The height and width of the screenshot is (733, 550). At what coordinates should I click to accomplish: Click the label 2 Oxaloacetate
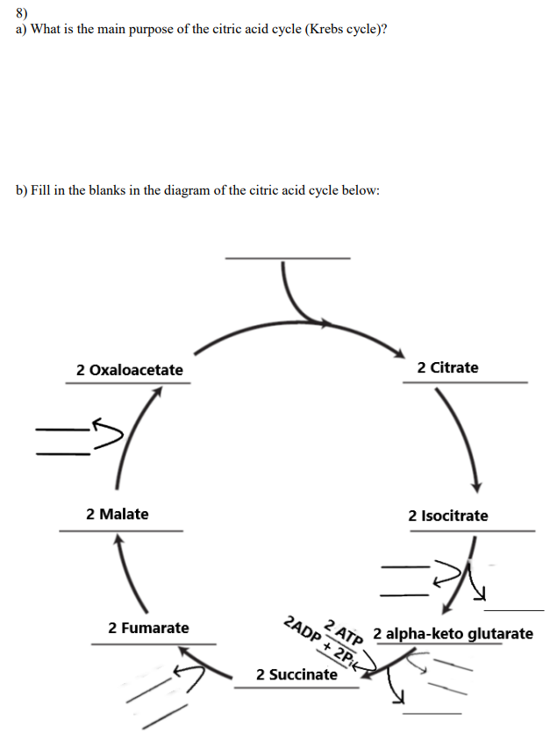pyautogui.click(x=130, y=370)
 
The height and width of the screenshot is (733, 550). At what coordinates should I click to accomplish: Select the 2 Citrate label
pyautogui.click(x=447, y=367)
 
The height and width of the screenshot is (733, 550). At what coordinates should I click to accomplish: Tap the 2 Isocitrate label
pyautogui.click(x=447, y=516)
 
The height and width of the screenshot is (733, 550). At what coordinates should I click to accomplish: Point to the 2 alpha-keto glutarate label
pyautogui.click(x=453, y=633)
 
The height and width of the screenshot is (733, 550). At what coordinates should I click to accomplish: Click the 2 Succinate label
pyautogui.click(x=296, y=674)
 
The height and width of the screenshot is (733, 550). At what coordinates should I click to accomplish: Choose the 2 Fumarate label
pyautogui.click(x=148, y=628)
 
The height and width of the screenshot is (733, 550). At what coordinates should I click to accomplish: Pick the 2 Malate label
pyautogui.click(x=118, y=514)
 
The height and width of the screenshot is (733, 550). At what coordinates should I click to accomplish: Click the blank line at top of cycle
pyautogui.click(x=287, y=258)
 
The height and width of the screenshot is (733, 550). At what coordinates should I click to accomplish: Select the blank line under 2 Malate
pyautogui.click(x=121, y=530)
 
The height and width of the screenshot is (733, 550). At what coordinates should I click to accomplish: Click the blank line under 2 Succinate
pyautogui.click(x=296, y=687)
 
